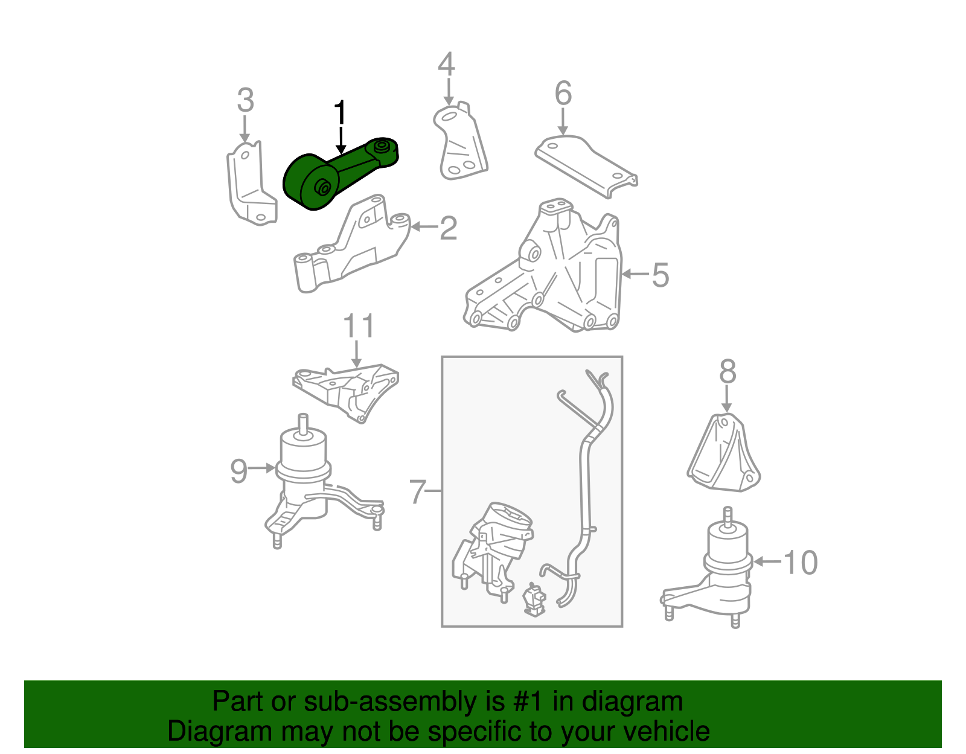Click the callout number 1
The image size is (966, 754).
[340, 113]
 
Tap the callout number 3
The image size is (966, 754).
[245, 100]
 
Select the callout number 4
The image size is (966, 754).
[446, 64]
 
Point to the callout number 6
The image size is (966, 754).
[563, 94]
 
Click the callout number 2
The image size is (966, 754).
[448, 228]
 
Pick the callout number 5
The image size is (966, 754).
[661, 275]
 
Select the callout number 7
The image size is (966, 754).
[418, 491]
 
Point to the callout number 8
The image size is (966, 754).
[728, 371]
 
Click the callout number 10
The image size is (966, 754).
[800, 563]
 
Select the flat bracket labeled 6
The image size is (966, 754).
[586, 167]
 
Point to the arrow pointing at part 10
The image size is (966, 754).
[767, 561]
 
